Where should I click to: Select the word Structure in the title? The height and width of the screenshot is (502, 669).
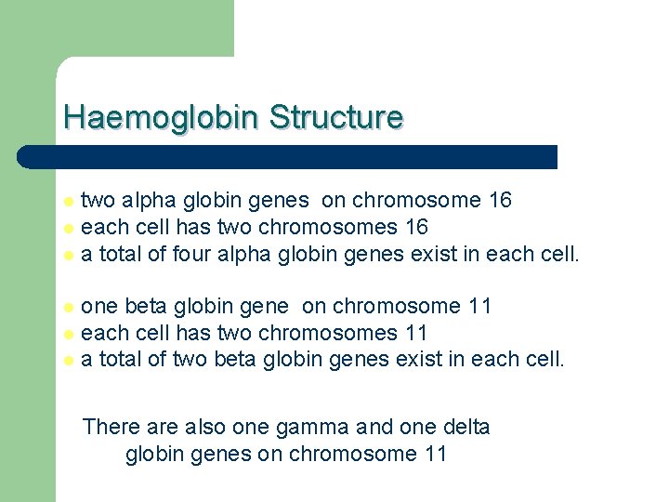click(x=336, y=118)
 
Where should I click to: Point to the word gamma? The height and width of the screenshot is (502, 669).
click(x=313, y=427)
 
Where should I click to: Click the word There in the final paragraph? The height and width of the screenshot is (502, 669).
click(x=111, y=427)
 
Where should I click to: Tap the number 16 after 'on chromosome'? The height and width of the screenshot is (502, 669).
click(x=500, y=200)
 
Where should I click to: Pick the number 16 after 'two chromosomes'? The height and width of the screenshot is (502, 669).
click(x=415, y=227)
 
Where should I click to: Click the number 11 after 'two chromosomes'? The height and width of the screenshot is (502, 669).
click(x=414, y=333)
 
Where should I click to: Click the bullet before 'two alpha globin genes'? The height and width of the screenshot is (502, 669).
click(x=67, y=201)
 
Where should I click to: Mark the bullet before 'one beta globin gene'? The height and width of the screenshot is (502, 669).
click(x=67, y=307)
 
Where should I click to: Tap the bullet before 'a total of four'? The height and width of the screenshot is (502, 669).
click(x=67, y=255)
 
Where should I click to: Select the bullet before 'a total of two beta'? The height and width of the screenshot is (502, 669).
click(x=67, y=361)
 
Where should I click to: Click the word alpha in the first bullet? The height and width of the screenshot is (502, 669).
click(x=146, y=200)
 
